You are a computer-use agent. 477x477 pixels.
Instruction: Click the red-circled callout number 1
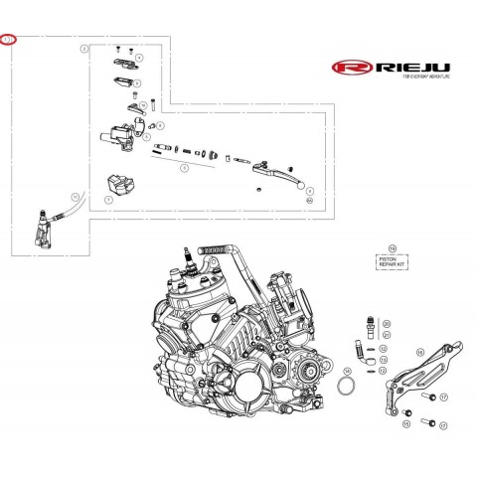coord(10,42)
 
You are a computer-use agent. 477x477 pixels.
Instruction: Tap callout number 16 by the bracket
coord(419,353)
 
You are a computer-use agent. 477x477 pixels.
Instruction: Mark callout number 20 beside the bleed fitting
coord(387,324)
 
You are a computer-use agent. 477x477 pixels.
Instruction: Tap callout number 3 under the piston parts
coord(183,169)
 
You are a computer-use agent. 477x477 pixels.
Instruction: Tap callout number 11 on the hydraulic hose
coord(73,199)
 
